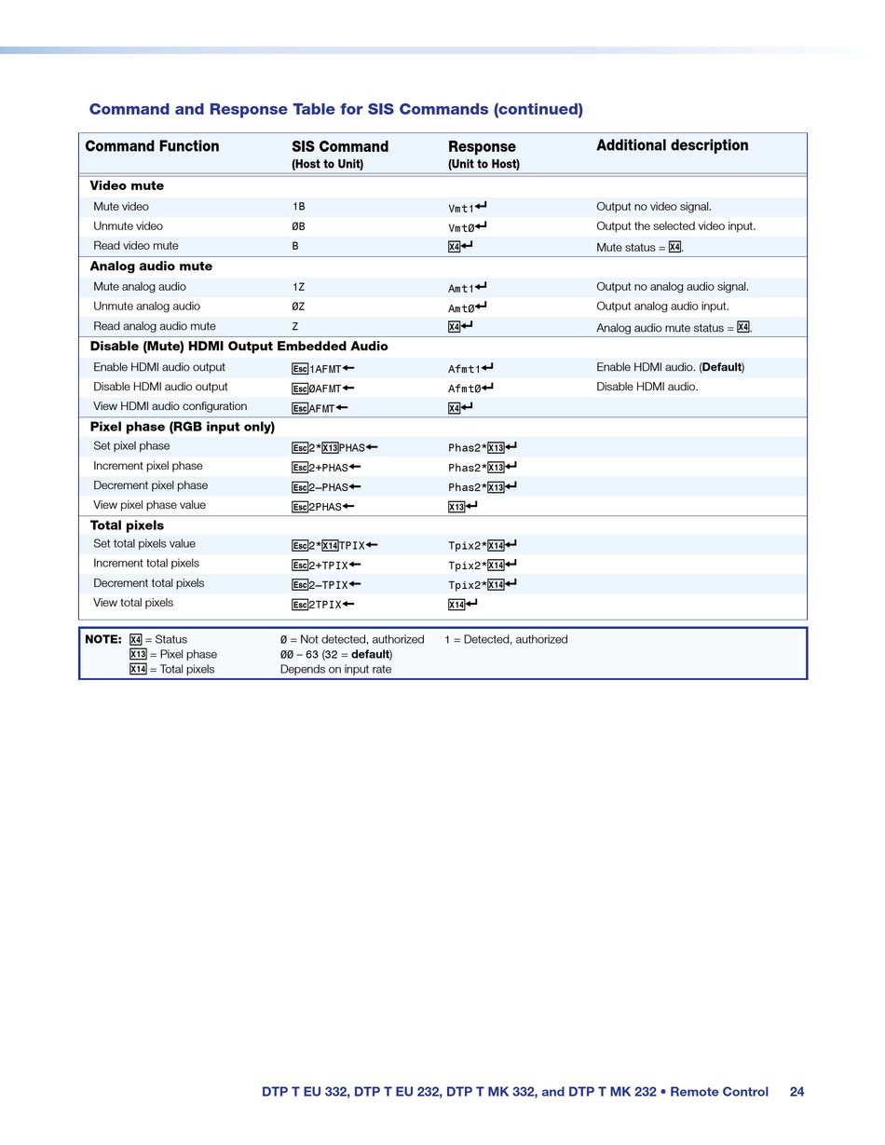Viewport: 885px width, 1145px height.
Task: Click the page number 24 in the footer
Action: click(x=796, y=1092)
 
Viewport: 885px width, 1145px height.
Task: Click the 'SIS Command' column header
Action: click(x=340, y=146)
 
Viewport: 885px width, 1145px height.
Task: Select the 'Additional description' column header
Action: click(x=672, y=145)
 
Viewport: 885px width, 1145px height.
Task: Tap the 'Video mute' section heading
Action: click(x=127, y=185)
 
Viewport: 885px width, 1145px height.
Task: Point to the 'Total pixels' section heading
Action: click(x=127, y=525)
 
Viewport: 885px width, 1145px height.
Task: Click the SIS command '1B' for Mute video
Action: click(x=298, y=207)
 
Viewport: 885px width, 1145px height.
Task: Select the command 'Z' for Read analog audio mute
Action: click(x=295, y=326)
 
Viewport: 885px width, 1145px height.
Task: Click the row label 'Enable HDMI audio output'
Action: click(x=159, y=367)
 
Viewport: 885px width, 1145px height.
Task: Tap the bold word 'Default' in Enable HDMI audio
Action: click(x=722, y=367)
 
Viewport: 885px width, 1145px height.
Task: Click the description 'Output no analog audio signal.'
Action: click(x=673, y=287)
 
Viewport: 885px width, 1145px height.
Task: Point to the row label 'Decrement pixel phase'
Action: click(x=151, y=485)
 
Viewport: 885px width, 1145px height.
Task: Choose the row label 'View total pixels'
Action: click(x=133, y=603)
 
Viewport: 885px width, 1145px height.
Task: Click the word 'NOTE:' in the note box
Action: click(x=103, y=639)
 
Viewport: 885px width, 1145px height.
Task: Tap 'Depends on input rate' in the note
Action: click(x=335, y=669)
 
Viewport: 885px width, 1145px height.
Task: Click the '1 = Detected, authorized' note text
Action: click(x=506, y=639)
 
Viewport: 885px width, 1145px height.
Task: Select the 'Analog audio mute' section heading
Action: click(x=151, y=266)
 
